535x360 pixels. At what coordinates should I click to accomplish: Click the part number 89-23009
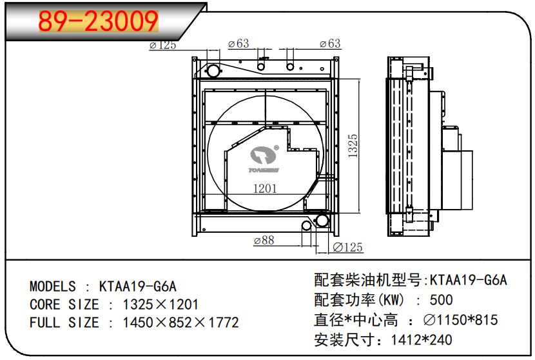click(98, 21)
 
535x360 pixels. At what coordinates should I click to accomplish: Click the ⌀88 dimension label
click(264, 240)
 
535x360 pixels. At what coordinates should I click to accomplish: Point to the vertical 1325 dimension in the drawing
click(353, 145)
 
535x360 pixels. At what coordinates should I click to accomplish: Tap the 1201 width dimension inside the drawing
click(264, 189)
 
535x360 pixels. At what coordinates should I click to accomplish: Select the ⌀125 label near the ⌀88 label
click(347, 247)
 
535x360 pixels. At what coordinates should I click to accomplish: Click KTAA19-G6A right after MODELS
click(137, 286)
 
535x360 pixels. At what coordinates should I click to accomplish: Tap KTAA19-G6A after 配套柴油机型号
click(469, 280)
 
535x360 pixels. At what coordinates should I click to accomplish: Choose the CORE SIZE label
click(64, 305)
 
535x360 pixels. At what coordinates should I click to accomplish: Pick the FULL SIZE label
click(64, 323)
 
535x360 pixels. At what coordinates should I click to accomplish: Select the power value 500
click(441, 300)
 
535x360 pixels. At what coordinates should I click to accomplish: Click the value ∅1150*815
click(460, 320)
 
